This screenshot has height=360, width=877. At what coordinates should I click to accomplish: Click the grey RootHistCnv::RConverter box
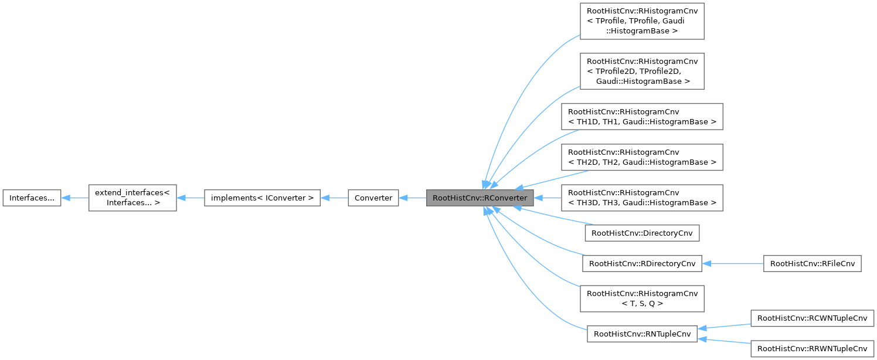[480, 198]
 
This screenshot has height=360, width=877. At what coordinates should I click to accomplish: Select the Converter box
[373, 198]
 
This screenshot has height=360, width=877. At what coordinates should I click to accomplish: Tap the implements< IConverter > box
[261, 198]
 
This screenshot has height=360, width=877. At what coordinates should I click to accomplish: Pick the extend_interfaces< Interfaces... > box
[132, 198]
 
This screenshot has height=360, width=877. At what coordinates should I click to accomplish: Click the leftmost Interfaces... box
[32, 198]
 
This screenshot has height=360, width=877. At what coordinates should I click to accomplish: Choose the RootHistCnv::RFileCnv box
[812, 264]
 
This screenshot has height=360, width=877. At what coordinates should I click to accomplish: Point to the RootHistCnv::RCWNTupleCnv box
[812, 318]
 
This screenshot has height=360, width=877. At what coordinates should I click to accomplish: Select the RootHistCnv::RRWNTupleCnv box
[812, 348]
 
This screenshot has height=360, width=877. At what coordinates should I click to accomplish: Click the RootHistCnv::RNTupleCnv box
[642, 334]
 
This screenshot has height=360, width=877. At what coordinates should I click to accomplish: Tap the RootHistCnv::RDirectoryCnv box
[642, 264]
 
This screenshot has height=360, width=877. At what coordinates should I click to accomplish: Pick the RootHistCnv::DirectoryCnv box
[642, 233]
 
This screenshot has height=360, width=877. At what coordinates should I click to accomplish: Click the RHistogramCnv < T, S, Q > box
[642, 298]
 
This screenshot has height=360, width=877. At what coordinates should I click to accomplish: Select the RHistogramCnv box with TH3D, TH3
[642, 198]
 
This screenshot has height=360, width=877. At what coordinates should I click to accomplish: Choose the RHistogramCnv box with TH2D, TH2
[642, 157]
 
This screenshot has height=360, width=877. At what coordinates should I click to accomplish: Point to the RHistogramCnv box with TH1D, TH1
[642, 116]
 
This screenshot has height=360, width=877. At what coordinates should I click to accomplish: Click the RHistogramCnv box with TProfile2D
[642, 71]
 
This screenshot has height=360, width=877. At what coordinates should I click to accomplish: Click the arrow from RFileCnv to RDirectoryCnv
[733, 264]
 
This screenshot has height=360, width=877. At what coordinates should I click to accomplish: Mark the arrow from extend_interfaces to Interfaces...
[75, 198]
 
